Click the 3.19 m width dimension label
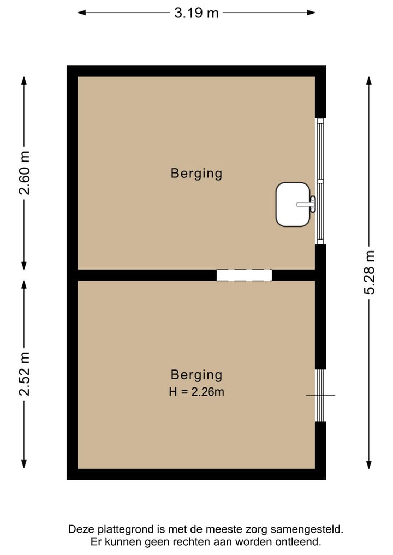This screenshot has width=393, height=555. (196, 13)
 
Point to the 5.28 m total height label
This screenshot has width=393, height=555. (370, 272)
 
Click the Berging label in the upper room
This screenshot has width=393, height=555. (196, 174)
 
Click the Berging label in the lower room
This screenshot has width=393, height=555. (196, 375)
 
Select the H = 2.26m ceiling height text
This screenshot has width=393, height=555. (196, 391)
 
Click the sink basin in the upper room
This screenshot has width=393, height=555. (292, 204)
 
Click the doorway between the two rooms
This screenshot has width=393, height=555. (244, 275)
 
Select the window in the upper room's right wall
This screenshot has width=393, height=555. (320, 181)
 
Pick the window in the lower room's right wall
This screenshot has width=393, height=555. (320, 395)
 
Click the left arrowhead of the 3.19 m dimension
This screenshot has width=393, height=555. (81, 13)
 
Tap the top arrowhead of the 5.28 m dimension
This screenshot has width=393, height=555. (370, 80)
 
